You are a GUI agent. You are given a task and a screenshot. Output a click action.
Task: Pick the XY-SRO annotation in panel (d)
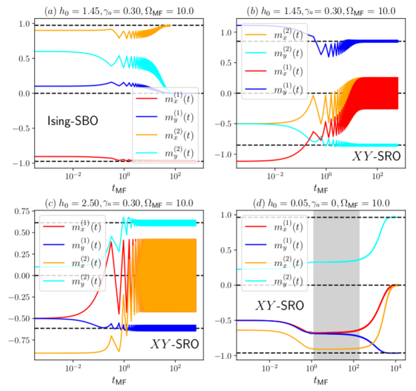click(x=279, y=307)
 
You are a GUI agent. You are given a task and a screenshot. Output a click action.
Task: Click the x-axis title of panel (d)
click(x=319, y=383)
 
